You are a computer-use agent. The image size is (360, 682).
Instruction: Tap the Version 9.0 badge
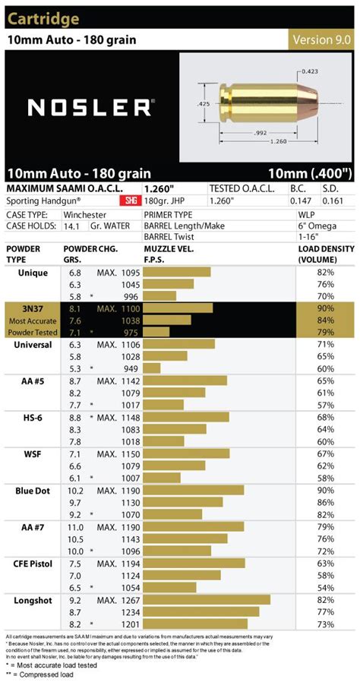321,39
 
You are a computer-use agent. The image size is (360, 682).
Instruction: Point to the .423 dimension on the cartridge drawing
308,71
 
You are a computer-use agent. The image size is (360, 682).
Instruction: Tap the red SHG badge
126,201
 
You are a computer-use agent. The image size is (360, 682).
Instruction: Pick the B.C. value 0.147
302,201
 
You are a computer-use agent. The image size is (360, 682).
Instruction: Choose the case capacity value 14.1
74,226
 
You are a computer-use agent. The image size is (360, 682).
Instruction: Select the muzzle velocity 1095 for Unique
130,273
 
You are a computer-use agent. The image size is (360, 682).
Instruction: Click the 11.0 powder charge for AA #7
75,526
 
